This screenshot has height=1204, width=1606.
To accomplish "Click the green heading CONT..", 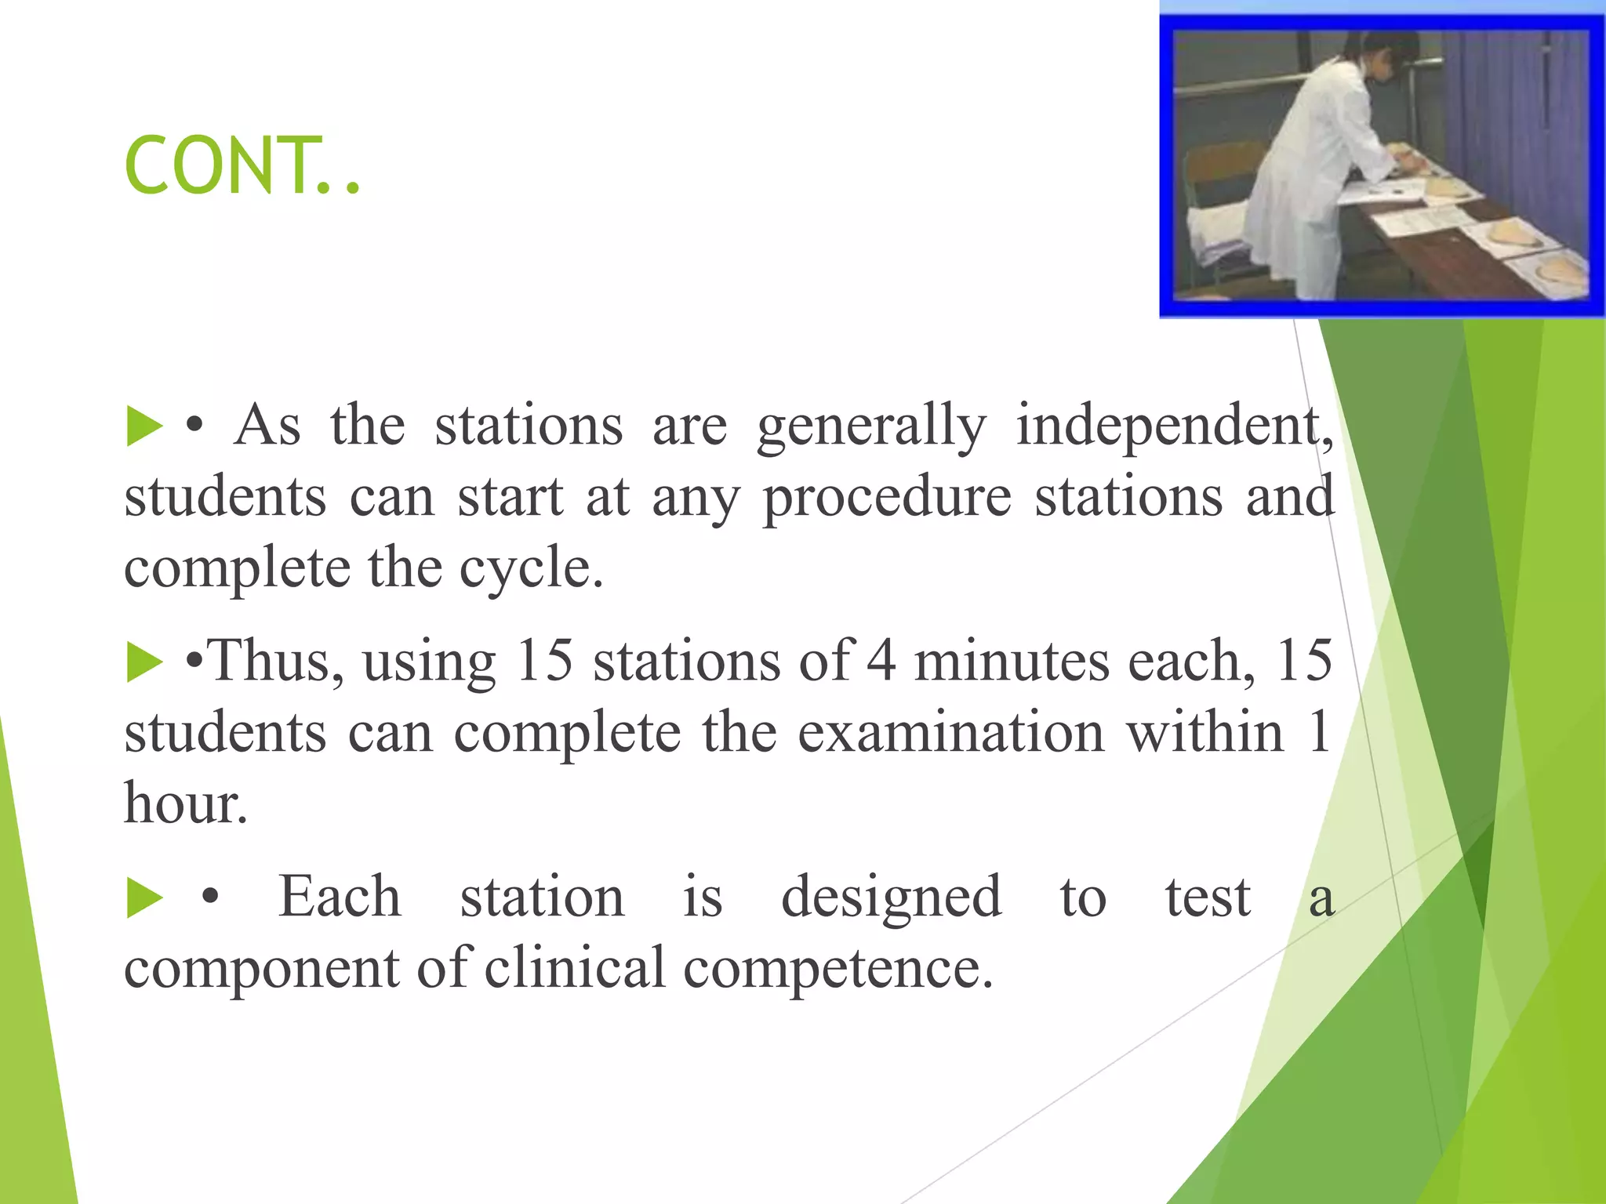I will coord(242,165).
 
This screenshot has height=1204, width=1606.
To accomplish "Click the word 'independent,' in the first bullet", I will coord(1174,426).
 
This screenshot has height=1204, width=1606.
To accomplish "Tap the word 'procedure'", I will coord(887,498).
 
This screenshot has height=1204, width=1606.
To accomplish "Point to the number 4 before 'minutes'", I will coord(881,661).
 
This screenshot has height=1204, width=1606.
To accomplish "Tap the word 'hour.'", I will coord(186,803).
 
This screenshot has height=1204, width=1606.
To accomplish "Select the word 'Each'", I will coord(340,897).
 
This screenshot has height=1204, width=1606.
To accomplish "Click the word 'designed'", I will coord(891,897).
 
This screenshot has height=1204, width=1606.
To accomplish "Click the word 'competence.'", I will coord(838,967).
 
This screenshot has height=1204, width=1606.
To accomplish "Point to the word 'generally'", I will coord(871,426).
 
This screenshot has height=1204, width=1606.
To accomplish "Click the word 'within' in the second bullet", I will coord(1205,732).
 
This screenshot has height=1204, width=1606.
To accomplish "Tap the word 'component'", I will coord(261,967).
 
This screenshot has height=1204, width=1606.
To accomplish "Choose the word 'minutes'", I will coord(1011,661).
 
